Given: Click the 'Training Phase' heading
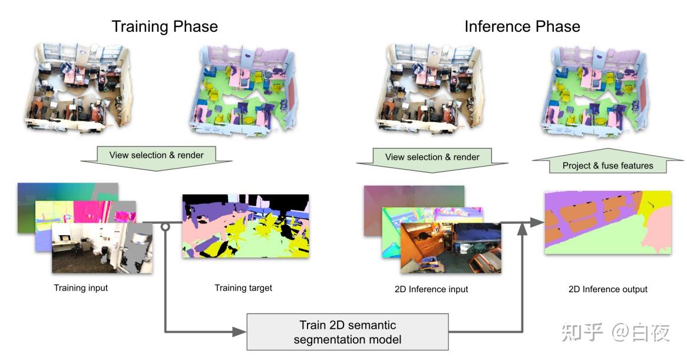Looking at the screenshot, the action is tap(165, 27).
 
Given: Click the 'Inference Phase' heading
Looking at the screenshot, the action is tap(522, 27).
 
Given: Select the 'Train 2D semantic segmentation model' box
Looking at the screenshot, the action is tap(348, 332).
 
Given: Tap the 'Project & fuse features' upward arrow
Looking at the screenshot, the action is tap(607, 161).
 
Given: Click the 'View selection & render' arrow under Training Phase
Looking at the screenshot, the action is tap(156, 158).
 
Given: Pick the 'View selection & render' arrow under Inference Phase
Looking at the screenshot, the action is tap(432, 160).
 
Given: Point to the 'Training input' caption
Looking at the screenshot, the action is tap(81, 288).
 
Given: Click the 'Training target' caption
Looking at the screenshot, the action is tap(243, 288).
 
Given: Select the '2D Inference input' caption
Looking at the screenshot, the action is tap(431, 289).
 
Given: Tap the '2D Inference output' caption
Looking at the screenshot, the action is tap(607, 289).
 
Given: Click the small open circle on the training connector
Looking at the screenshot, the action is tap(165, 227).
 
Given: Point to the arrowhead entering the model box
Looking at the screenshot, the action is tap(239, 332).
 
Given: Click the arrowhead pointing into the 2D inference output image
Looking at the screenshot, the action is tap(537, 223).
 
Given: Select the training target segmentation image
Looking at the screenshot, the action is tap(246, 226).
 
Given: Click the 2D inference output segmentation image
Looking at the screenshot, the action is tap(607, 223).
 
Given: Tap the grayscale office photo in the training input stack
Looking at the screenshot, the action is tap(102, 248).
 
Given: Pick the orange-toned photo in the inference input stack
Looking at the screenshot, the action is tap(451, 248).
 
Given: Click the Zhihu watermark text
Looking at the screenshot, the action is tap(615, 332).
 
